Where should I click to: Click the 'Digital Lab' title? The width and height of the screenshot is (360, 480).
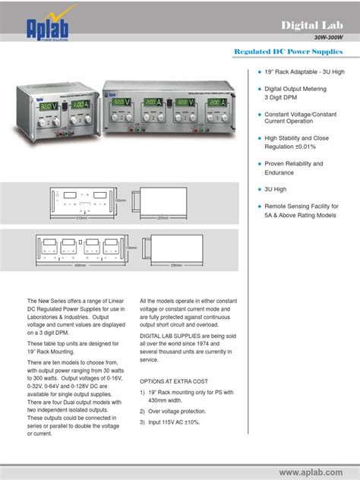(x=311, y=26)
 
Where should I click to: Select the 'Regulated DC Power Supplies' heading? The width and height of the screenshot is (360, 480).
(x=289, y=52)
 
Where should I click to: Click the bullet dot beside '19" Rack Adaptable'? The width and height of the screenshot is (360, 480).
(x=257, y=71)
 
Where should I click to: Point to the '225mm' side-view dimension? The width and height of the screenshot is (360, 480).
(x=163, y=217)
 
